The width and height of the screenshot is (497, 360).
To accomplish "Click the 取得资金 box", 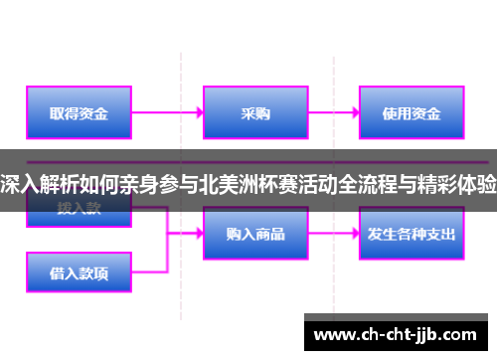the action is pos(81,113).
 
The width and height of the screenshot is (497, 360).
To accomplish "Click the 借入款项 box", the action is pos(81,270).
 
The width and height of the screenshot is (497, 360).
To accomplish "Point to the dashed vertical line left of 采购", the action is pos(181,80).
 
